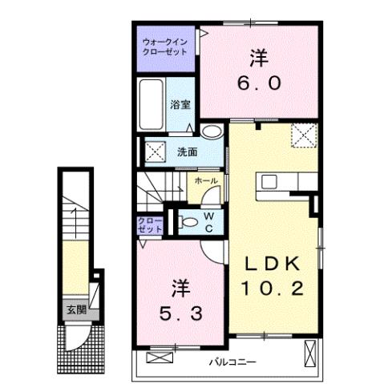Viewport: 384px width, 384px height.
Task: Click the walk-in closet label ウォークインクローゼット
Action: [164, 46]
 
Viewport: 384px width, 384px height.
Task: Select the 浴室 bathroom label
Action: [180, 104]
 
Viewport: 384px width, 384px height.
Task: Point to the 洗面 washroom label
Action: [188, 152]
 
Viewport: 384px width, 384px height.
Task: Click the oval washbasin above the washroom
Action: [212, 132]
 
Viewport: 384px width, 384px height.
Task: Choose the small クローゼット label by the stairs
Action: [150, 224]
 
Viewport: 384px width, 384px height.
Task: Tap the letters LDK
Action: [273, 265]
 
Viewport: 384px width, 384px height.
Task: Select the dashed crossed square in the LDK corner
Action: [303, 135]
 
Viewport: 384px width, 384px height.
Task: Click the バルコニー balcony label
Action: [232, 362]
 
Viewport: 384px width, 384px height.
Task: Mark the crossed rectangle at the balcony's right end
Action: [310, 352]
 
